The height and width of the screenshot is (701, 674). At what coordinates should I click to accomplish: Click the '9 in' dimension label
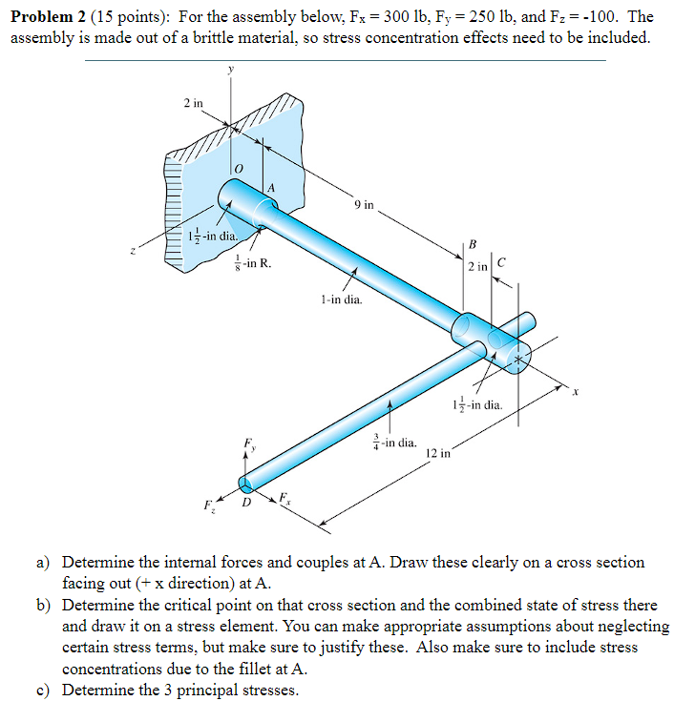(x=363, y=203)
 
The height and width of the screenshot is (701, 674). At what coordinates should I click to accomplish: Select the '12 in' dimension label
(x=438, y=452)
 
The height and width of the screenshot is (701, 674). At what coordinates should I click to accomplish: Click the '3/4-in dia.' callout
(x=394, y=443)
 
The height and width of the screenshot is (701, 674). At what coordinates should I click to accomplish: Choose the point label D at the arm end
(x=246, y=501)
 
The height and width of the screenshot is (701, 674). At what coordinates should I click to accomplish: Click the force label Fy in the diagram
(x=249, y=443)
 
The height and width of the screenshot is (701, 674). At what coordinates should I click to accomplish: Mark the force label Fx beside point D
(x=284, y=497)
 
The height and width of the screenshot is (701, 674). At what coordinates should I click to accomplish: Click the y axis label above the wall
(x=230, y=69)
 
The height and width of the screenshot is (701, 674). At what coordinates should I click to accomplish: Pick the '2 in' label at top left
(x=193, y=102)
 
